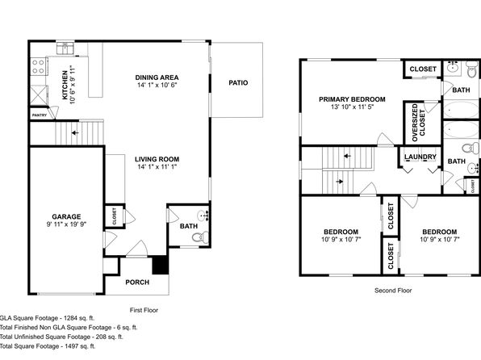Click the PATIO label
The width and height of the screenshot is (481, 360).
(x=238, y=82)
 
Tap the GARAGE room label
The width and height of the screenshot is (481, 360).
(x=66, y=216)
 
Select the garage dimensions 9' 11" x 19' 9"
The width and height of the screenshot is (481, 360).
(x=66, y=224)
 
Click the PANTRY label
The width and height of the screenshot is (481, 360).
(x=40, y=115)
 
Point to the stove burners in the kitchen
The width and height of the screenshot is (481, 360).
(x=39, y=67)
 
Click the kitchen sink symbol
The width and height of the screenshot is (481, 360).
(x=65, y=48)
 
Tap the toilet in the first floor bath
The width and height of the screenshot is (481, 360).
(x=200, y=237)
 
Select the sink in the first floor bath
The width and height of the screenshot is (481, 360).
(x=203, y=216)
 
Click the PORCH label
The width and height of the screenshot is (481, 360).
(x=137, y=282)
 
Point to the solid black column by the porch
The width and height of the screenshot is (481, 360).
(x=161, y=266)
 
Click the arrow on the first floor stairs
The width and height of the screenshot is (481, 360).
(x=75, y=133)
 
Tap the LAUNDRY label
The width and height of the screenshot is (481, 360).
(x=420, y=157)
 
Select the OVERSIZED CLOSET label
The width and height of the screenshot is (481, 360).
(x=418, y=123)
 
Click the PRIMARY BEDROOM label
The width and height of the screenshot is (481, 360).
(x=352, y=99)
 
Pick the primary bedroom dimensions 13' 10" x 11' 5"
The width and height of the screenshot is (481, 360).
(x=352, y=107)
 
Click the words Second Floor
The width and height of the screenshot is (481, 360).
(x=393, y=291)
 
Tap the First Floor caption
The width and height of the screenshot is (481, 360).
(x=144, y=310)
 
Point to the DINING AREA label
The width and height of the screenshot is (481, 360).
(x=157, y=77)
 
